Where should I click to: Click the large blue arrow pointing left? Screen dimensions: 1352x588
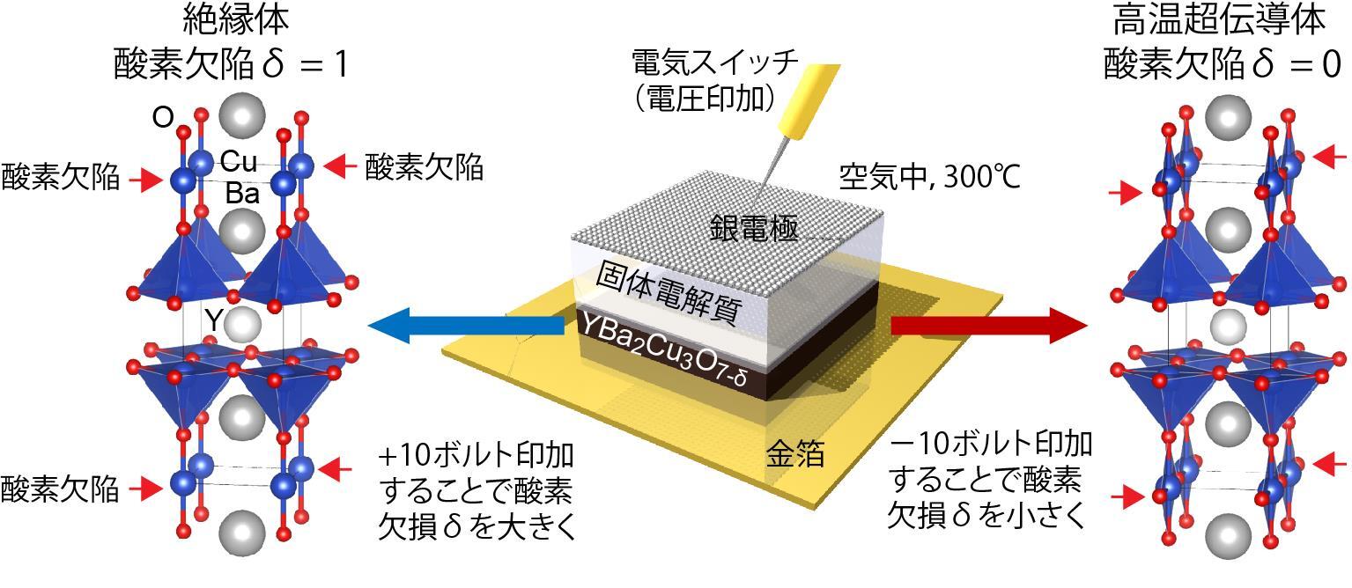(x=466, y=326)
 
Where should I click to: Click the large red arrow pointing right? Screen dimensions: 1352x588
(x=989, y=326)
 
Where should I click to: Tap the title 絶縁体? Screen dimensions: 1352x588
(x=236, y=20)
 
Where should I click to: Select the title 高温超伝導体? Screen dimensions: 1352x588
(x=1219, y=20)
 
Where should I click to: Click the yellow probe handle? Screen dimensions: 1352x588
(x=809, y=101)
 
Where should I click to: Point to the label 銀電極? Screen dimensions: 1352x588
(x=754, y=228)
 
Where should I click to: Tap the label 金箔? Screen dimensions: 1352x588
(x=794, y=453)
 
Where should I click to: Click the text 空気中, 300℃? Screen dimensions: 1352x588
(x=929, y=177)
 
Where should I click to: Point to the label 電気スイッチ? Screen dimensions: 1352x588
(x=714, y=62)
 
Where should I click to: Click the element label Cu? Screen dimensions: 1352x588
(x=239, y=161)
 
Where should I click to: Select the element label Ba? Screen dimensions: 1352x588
(x=242, y=193)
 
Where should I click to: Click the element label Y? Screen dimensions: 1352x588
(x=213, y=320)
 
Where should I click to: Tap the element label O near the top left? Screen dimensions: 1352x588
(x=163, y=117)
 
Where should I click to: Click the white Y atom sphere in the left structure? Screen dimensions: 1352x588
(x=242, y=325)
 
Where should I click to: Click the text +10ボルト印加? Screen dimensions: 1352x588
(x=477, y=455)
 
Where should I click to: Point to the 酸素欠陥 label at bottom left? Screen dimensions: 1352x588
(x=60, y=489)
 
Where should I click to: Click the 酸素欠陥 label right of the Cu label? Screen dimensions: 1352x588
(x=425, y=167)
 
